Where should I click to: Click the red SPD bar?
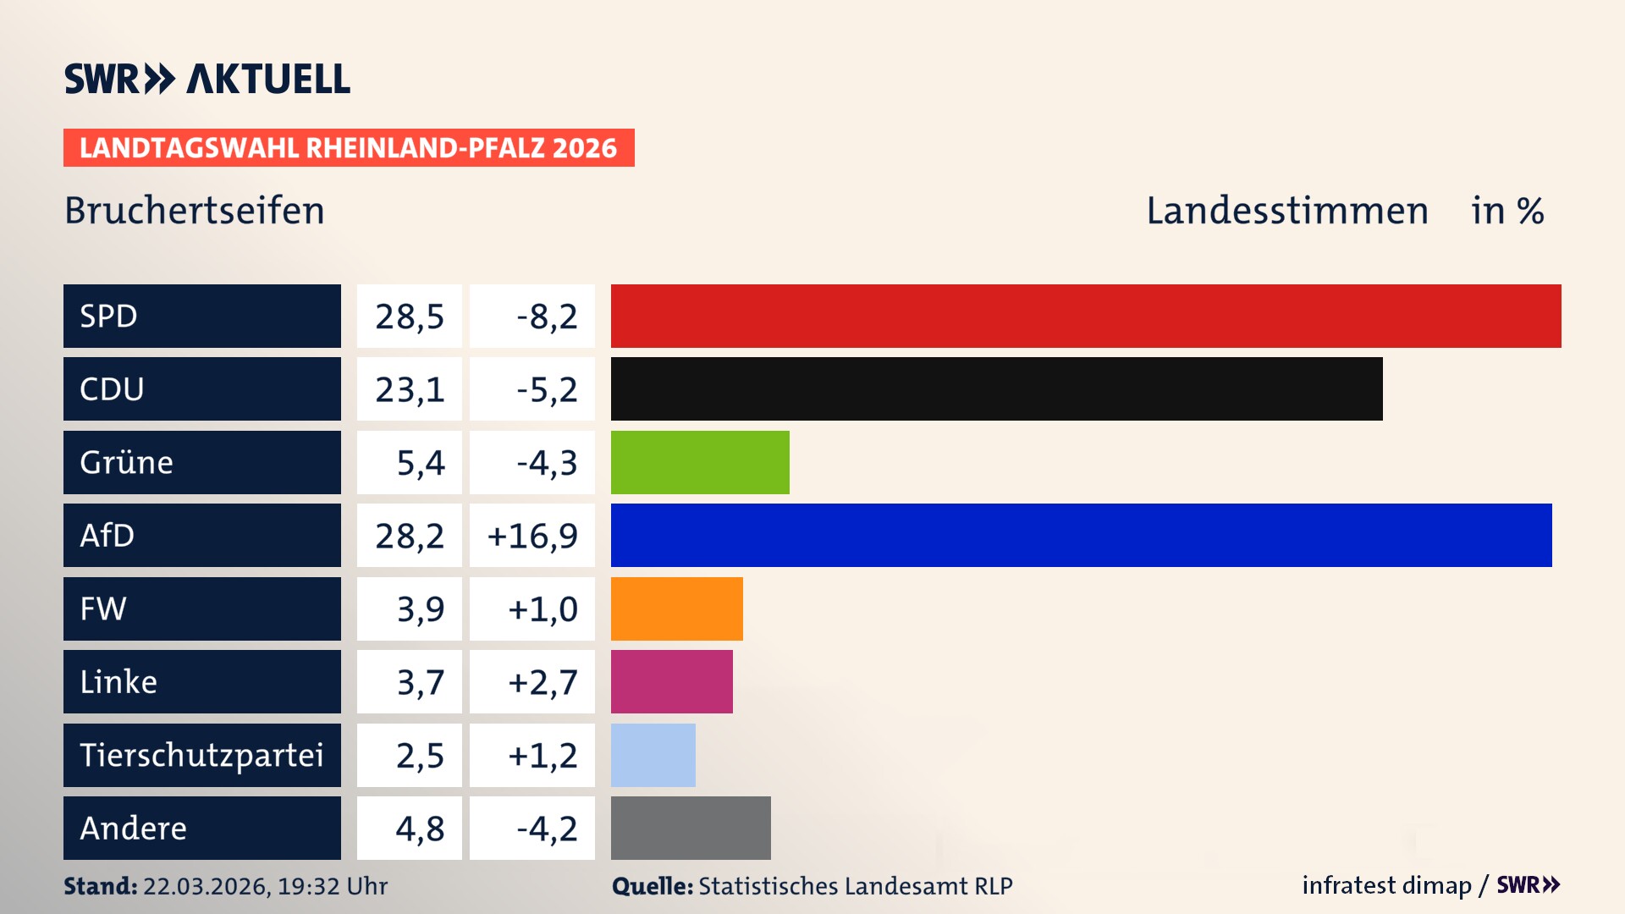click(x=1086, y=316)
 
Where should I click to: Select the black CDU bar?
click(x=996, y=389)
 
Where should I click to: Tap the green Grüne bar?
click(x=700, y=462)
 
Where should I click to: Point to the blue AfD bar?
click(x=1081, y=535)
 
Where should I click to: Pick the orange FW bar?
click(x=676, y=608)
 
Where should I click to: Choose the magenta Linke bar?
click(x=671, y=681)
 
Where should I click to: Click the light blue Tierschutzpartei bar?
click(x=653, y=755)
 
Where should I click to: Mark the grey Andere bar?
click(x=691, y=828)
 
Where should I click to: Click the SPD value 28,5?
click(x=410, y=317)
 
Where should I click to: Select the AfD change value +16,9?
click(x=532, y=536)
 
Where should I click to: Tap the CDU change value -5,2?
click(x=547, y=389)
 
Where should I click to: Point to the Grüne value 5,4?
click(x=420, y=463)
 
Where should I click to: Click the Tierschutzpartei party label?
click(x=201, y=755)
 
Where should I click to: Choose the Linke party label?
click(x=118, y=682)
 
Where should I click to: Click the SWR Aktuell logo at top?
click(x=207, y=79)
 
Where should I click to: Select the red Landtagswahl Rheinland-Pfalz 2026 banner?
click(x=349, y=148)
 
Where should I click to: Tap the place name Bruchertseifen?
click(x=195, y=211)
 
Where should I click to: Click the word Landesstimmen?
click(x=1286, y=211)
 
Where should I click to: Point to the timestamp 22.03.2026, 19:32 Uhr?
click(x=265, y=886)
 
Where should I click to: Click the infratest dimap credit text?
click(x=1385, y=885)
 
